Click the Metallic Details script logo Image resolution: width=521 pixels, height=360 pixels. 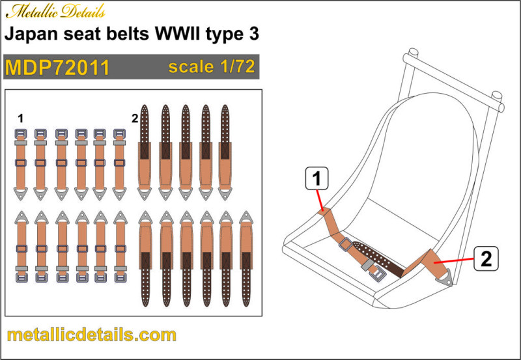tap(55, 12)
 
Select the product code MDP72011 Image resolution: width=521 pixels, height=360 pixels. tap(57, 68)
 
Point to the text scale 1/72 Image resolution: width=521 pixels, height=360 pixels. tap(212, 66)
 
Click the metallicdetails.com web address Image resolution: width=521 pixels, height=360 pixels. tap(91, 335)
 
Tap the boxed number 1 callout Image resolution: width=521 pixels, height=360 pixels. tap(317, 178)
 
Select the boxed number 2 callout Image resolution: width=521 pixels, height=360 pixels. tap(486, 258)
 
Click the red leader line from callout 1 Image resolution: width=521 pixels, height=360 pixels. tap(320, 200)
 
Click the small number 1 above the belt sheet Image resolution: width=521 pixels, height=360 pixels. tap(21, 118)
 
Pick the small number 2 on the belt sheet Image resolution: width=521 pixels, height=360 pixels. tap(135, 118)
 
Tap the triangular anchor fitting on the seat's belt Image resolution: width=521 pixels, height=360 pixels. tap(446, 277)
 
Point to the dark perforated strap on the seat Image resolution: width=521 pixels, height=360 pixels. tap(379, 259)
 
